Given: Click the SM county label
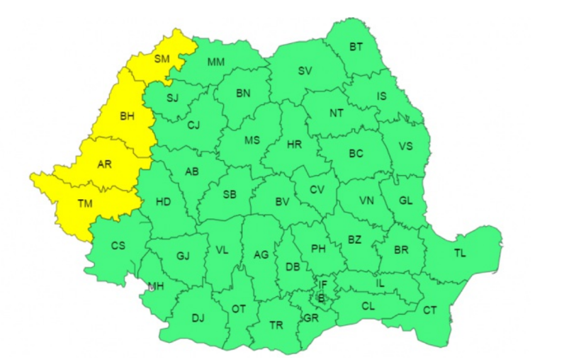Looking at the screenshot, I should [162, 60].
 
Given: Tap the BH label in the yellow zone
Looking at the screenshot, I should [127, 117].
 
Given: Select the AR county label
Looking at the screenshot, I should [104, 164].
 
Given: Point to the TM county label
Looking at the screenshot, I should [85, 204].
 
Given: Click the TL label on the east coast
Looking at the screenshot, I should [461, 252].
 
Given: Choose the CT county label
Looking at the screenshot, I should [430, 310].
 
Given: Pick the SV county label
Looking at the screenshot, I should [305, 71].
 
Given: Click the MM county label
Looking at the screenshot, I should [216, 62].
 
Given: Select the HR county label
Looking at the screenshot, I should [295, 144].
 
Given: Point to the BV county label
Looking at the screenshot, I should [283, 203].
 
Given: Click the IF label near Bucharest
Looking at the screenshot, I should [323, 285].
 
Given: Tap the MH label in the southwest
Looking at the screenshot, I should [155, 286].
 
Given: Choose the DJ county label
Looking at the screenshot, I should [198, 317].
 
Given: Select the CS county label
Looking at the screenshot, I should [118, 246].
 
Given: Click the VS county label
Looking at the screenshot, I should [405, 146].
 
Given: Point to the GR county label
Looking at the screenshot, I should [310, 318].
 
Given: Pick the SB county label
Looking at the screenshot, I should [230, 195].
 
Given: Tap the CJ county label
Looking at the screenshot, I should [194, 125].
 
